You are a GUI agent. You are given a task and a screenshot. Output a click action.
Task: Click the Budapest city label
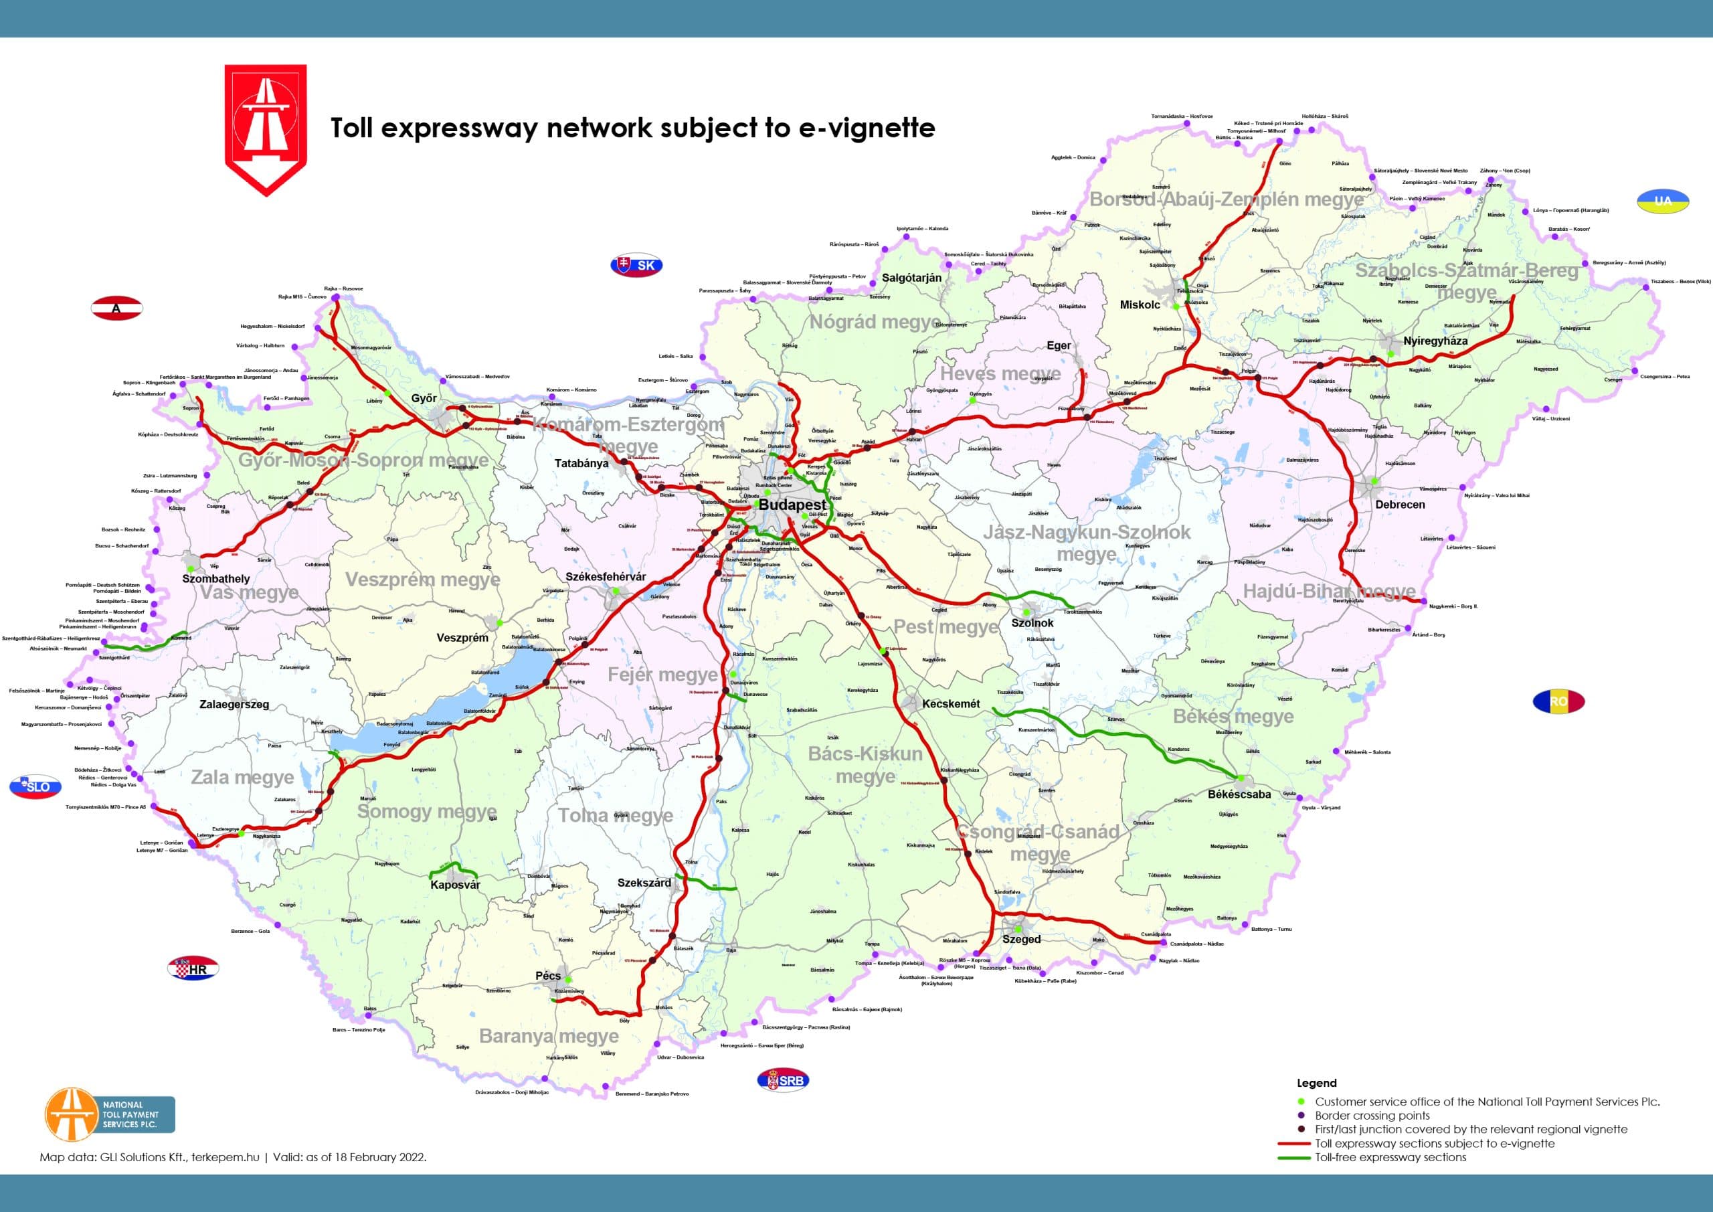click(x=792, y=505)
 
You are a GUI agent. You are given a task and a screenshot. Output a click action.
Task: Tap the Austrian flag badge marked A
click(x=116, y=309)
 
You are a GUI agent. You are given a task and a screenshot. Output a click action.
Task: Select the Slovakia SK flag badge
click(x=636, y=265)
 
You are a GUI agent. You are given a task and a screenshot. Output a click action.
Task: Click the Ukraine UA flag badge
click(x=1662, y=201)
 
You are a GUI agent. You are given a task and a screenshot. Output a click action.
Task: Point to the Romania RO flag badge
click(x=1558, y=701)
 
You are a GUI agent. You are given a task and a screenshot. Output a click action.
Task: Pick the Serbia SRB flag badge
click(x=783, y=1080)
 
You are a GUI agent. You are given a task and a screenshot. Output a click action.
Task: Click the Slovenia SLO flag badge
click(x=35, y=786)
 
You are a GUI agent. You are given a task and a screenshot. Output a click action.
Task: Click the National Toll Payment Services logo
click(x=110, y=1114)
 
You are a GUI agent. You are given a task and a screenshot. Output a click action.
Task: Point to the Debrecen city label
click(x=1400, y=505)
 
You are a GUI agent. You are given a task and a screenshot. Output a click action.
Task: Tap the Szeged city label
click(x=1020, y=940)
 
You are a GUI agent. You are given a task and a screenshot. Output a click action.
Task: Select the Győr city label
click(x=424, y=398)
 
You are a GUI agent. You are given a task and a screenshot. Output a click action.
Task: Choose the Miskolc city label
click(x=1140, y=305)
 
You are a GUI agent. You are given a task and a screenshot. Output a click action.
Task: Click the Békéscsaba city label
click(x=1239, y=794)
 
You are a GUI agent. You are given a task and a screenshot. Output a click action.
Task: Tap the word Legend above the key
click(x=1316, y=1083)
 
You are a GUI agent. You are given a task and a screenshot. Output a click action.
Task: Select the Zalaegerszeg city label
click(x=234, y=705)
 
